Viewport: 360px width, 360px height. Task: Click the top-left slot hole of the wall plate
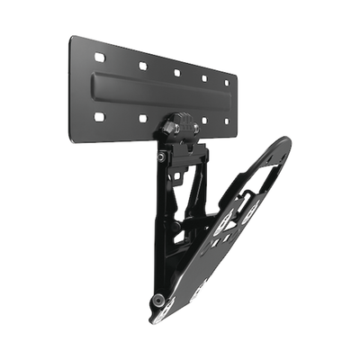[99, 58]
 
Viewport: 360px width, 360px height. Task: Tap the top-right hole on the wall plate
[226, 83]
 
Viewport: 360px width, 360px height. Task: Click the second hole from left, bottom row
[142, 119]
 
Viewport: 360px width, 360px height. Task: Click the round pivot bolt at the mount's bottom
[158, 299]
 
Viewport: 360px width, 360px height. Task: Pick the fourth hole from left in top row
[205, 78]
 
